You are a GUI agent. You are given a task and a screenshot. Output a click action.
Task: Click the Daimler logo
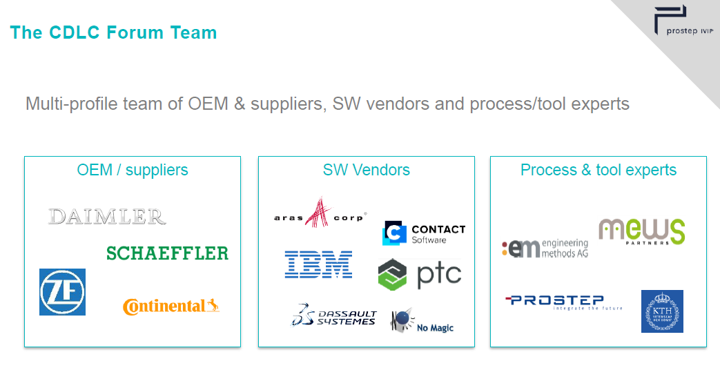pos(107,216)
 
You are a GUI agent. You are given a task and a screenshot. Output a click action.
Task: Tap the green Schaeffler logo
pos(167,253)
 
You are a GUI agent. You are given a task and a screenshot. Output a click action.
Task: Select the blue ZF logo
pos(62,292)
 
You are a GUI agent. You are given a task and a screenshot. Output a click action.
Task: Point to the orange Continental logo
pos(171,306)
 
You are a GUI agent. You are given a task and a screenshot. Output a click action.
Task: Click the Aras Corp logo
pos(319,213)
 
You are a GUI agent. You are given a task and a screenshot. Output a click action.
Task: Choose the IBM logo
pos(318,265)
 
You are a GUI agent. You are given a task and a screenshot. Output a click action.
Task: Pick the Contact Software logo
pos(423,233)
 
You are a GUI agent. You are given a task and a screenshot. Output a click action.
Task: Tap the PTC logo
pos(420,274)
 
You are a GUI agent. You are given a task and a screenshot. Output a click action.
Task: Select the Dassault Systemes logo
pos(333,315)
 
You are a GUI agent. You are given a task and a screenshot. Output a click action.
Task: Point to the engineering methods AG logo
pos(545,248)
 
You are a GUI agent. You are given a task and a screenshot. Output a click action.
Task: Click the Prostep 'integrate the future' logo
pos(563,302)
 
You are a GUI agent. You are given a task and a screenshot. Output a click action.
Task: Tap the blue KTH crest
pos(662,311)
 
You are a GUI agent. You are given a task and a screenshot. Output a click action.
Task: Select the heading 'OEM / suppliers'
pos(133,170)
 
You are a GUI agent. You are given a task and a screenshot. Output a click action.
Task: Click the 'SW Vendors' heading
pos(366,170)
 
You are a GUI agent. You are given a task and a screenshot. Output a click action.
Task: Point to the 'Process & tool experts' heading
pos(599,170)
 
